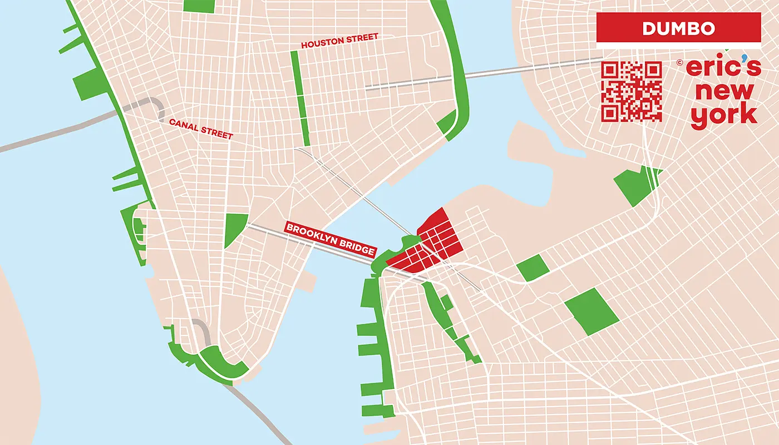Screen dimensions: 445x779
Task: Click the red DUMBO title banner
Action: (678, 28)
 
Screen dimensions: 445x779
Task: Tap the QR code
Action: (632, 91)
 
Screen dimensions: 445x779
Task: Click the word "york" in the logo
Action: (723, 115)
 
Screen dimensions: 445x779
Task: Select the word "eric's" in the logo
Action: (722, 67)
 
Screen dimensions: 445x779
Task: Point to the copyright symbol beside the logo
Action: (679, 63)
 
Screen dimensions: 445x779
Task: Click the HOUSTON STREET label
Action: (339, 41)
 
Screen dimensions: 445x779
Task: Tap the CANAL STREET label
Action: (200, 128)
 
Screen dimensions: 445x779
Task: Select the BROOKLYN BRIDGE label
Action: (329, 239)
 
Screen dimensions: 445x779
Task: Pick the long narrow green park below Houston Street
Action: (300, 97)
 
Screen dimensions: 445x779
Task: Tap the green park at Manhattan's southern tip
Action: (223, 364)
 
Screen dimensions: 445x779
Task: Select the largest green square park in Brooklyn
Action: (591, 312)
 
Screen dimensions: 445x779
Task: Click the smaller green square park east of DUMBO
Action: (533, 268)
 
